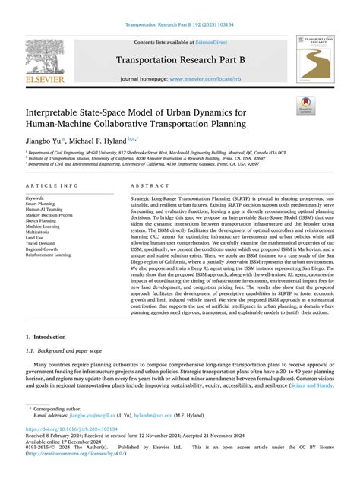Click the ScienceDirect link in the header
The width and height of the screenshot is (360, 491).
[x=207, y=43]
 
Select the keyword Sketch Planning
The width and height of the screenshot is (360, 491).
[x=45, y=222]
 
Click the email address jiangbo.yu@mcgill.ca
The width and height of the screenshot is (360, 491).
[x=90, y=436]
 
